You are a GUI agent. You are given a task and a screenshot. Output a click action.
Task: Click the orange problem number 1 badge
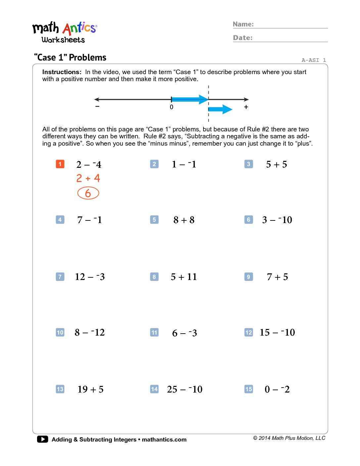click(x=60, y=164)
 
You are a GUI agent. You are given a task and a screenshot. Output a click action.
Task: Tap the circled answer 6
click(x=88, y=193)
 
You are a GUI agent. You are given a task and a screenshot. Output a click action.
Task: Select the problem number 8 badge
click(x=154, y=277)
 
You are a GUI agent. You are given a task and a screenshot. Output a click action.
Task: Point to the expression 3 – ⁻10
click(x=277, y=220)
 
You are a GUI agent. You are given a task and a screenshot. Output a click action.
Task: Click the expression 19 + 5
click(x=90, y=389)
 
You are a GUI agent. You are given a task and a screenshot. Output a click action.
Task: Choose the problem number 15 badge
click(x=248, y=389)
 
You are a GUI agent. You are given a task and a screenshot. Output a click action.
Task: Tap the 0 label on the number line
click(x=171, y=107)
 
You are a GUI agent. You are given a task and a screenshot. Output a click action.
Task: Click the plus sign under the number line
click(x=246, y=107)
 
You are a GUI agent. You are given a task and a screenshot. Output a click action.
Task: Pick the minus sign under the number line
click(x=97, y=106)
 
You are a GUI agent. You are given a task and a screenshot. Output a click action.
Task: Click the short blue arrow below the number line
click(x=220, y=109)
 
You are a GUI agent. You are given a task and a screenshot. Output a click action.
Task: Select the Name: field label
click(x=243, y=24)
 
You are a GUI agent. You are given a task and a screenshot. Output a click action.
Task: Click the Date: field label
click(x=243, y=38)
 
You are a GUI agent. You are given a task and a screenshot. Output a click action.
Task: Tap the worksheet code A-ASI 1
click(x=313, y=60)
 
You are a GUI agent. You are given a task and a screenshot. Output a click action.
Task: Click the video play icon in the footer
click(x=42, y=439)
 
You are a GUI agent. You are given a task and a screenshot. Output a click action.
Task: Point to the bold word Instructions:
click(x=62, y=72)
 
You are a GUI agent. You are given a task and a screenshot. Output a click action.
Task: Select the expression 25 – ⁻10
click(x=185, y=389)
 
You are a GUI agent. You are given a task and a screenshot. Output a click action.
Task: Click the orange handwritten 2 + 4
click(x=88, y=178)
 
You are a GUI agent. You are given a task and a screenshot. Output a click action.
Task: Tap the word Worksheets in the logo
click(x=63, y=40)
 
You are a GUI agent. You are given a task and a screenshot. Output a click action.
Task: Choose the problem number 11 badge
click(x=154, y=332)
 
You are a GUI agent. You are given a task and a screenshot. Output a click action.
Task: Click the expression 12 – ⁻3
click(x=90, y=277)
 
